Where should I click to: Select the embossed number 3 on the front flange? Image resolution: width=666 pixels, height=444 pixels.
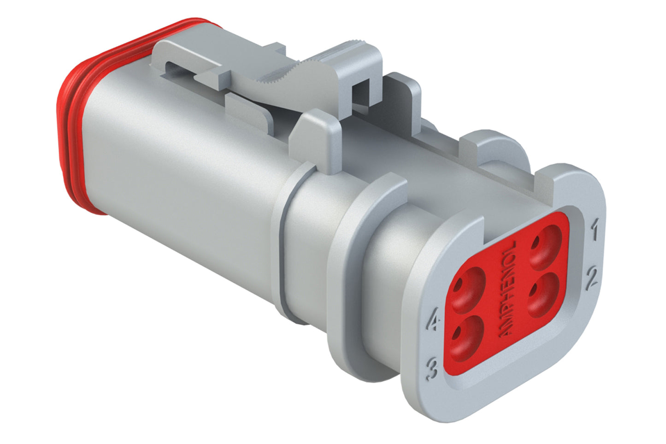coord(432,368)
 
